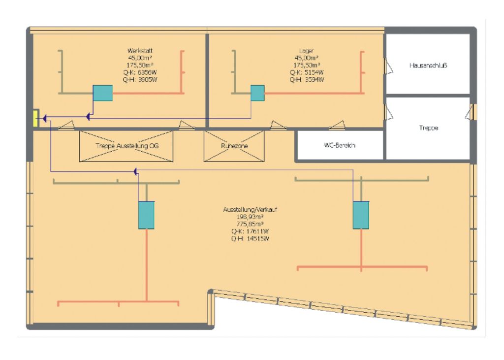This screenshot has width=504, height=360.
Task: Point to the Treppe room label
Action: pyautogui.click(x=430, y=128)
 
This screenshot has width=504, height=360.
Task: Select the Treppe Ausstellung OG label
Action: pyautogui.click(x=127, y=146)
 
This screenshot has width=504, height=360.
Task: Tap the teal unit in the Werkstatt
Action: pyautogui.click(x=103, y=93)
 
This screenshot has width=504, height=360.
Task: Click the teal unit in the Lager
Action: pyautogui.click(x=257, y=93)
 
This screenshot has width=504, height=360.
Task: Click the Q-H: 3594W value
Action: pyautogui.click(x=307, y=79)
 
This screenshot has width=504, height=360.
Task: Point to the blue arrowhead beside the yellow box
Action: pyautogui.click(x=44, y=118)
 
